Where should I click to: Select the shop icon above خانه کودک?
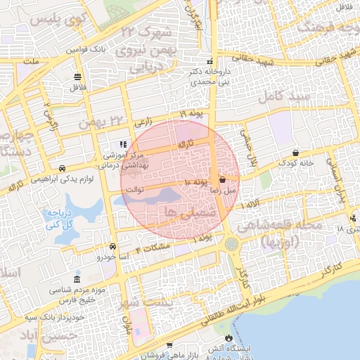click(x=295, y=153)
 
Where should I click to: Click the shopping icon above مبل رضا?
click(x=223, y=179)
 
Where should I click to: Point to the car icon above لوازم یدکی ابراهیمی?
click(x=63, y=169)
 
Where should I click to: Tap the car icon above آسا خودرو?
click(x=113, y=247)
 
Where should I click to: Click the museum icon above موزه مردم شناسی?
click(x=77, y=279)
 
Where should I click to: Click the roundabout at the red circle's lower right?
click(x=231, y=243)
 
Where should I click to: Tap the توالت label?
click(x=134, y=190)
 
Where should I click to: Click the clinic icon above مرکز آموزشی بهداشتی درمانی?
click(x=124, y=144)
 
